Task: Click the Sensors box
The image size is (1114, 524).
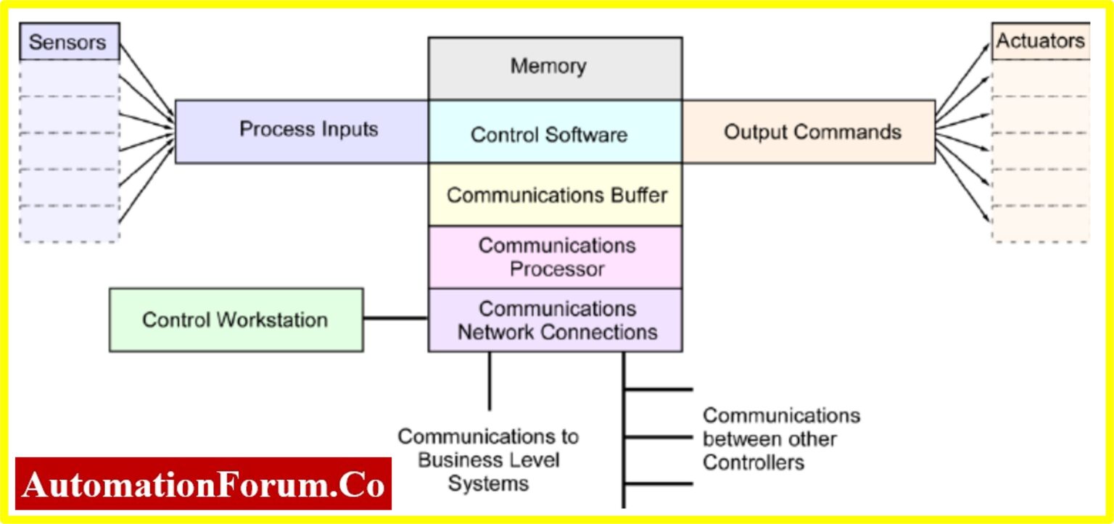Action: [69, 41]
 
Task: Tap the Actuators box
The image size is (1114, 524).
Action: [1039, 41]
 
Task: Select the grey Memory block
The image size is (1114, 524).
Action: [555, 67]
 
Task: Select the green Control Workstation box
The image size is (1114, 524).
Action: [236, 320]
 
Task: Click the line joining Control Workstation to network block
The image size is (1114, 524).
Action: [395, 317]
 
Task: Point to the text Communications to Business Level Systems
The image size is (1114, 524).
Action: [488, 460]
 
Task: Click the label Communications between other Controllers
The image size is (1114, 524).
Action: [780, 438]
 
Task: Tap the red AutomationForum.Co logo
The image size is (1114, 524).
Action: [203, 484]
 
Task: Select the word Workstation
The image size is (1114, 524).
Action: [278, 320]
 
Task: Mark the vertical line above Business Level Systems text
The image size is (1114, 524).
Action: [489, 380]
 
